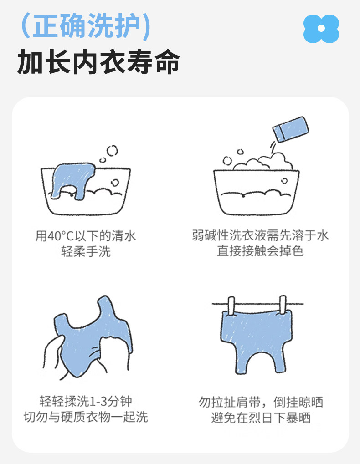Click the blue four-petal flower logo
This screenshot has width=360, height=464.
(321, 29)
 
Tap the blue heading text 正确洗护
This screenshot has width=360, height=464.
(86, 26)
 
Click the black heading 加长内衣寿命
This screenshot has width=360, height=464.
(98, 62)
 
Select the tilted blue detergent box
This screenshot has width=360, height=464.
(291, 129)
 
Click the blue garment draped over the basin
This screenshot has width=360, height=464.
(72, 179)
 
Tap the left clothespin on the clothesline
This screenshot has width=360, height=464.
(231, 306)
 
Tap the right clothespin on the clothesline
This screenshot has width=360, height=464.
(283, 304)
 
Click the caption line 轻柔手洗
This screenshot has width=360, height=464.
(86, 251)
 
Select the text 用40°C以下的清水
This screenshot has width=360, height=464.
(86, 236)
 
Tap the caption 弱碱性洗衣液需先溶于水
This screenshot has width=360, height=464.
(260, 235)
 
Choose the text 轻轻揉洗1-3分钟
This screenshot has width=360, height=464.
(86, 401)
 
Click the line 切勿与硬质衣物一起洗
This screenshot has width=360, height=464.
(86, 417)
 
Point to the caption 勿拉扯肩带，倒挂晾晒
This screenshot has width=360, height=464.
(261, 402)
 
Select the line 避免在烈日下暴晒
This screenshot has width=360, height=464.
(261, 418)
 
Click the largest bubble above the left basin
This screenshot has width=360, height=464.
(112, 151)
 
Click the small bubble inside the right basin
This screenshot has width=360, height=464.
(284, 181)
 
